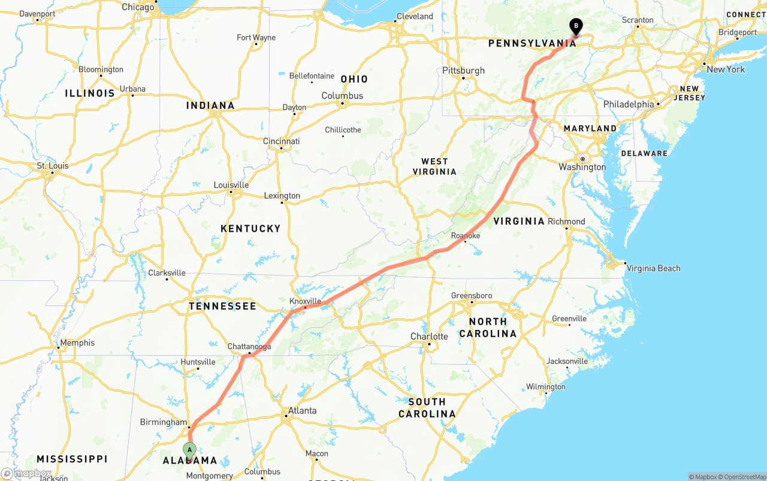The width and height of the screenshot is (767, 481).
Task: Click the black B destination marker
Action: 576,26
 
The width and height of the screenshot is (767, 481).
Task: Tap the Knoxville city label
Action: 306,301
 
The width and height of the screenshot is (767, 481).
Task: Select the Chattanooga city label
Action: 249,346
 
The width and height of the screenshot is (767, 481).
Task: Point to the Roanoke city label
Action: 466,235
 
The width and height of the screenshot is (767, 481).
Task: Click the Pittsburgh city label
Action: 464,70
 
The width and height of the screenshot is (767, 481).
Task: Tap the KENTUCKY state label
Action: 250,228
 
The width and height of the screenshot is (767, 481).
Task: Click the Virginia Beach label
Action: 653,268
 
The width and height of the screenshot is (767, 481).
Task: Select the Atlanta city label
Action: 302,410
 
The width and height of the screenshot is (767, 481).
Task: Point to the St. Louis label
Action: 53,165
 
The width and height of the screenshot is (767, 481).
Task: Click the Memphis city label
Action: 77,343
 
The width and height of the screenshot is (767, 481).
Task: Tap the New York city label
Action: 726,69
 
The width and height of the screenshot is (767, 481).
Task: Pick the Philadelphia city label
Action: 629,104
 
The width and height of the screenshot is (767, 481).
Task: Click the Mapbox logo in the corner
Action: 26,473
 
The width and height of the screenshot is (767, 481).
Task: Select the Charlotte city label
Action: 429,336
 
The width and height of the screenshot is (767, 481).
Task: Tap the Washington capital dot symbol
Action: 582,159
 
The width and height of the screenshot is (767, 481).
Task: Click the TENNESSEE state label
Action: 222,306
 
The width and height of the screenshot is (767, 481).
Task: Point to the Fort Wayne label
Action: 256,37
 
